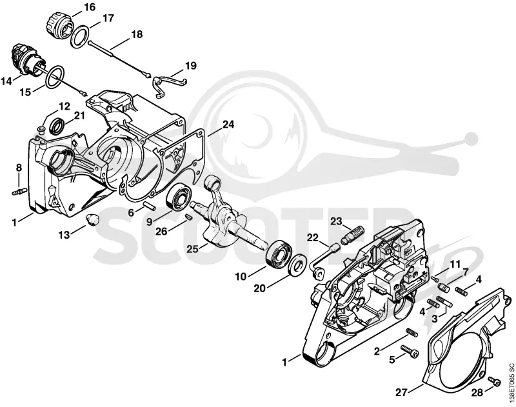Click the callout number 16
(90, 6)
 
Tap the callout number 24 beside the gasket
(228, 124)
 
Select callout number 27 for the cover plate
(401, 392)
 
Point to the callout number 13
(64, 235)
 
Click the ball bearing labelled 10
(279, 253)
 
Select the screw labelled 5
(410, 352)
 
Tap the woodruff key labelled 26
(188, 217)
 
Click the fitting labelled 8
(19, 191)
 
